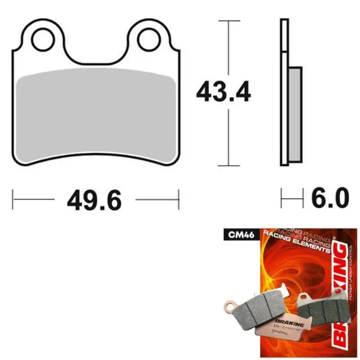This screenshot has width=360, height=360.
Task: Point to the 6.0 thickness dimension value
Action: pyautogui.click(x=330, y=198)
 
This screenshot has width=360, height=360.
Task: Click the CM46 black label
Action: pyautogui.click(x=239, y=234)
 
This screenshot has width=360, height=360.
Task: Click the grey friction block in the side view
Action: pyautogui.click(x=295, y=114)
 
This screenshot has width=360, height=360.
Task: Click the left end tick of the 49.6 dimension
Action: pyautogui.click(x=13, y=198)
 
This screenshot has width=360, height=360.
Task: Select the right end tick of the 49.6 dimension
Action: pyautogui.click(x=179, y=198)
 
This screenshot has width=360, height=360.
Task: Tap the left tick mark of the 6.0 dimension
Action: pyautogui.click(x=282, y=198)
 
